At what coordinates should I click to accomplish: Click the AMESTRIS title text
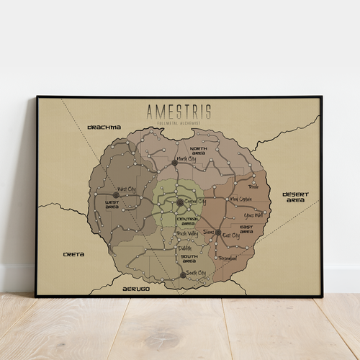click(x=179, y=112)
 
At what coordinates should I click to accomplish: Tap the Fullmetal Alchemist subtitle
click(x=179, y=123)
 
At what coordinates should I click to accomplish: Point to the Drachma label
click(x=104, y=127)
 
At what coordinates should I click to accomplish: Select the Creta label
click(x=73, y=254)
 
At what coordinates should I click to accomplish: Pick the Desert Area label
click(x=295, y=197)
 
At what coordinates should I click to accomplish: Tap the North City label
click(x=186, y=158)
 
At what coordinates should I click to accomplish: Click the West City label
click(x=127, y=189)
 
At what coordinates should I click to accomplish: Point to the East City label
click(x=231, y=235)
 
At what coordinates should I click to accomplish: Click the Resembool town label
click(x=228, y=258)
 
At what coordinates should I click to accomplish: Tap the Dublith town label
click(x=185, y=247)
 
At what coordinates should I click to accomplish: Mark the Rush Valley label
click(x=187, y=234)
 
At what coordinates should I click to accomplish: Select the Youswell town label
click(x=254, y=215)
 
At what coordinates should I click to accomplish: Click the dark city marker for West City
click(x=115, y=194)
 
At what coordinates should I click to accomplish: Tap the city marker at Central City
click(x=180, y=203)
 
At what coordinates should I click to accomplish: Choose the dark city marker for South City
click(x=183, y=274)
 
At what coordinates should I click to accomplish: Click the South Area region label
click(x=189, y=259)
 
